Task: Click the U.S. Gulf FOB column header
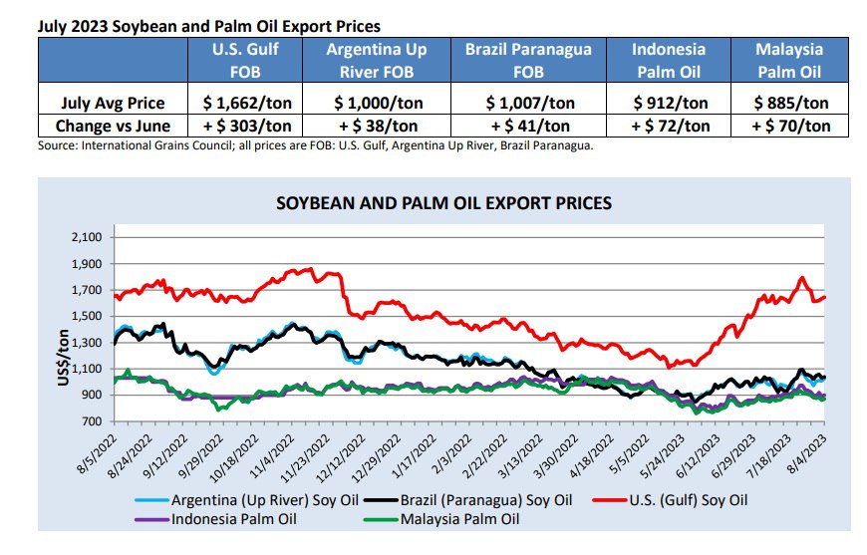245,60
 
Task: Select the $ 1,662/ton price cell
247,103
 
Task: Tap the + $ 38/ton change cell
378,126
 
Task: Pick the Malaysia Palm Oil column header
789,60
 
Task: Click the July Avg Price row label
113,103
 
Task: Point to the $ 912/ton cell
670,103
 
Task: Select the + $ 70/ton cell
790,126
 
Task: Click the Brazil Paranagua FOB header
528,60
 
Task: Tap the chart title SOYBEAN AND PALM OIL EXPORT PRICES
444,203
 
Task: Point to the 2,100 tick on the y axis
87,237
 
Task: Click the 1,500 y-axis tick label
87,316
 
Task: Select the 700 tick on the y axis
93,421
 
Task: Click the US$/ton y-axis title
64,358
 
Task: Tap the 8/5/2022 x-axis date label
98,454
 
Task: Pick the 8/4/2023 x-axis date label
807,454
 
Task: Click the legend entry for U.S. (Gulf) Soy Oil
670,500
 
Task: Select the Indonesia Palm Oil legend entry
215,519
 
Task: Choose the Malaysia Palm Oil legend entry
441,519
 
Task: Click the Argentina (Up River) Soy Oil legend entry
247,500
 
